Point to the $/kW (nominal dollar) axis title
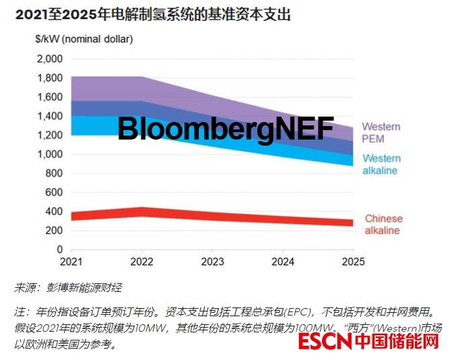84,39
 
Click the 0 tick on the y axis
59,249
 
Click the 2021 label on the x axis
71,262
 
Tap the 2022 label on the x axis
142,262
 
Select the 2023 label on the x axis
213,262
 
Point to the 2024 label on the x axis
284,262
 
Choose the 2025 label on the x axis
354,262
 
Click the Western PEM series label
381,133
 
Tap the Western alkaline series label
381,164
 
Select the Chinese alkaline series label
383,224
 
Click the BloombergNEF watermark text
225,129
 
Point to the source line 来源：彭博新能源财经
67,288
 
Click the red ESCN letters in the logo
325,342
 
